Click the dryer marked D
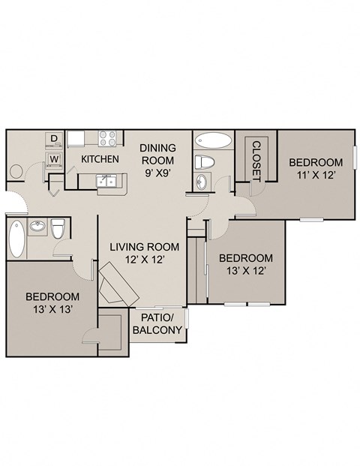point(53,138)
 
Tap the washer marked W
point(53,159)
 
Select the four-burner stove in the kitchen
point(106,138)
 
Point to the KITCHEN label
point(100,159)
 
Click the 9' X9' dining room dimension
point(157,173)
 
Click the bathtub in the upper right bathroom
point(212,140)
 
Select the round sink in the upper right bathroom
point(202,182)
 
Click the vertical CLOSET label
point(256,161)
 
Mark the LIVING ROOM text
point(145,247)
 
